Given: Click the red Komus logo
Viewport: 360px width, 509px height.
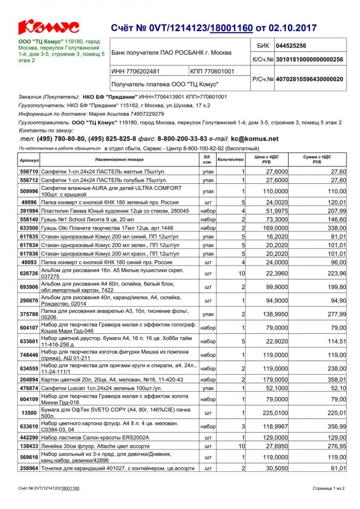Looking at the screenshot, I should tap(49, 27).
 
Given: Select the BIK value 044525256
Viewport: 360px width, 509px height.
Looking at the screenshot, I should tap(291, 46).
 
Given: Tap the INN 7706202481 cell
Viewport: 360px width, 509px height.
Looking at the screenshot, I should tap(136, 71).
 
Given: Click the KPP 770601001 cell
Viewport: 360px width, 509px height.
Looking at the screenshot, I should tap(213, 71).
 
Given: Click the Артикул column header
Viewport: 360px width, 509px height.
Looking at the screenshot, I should tap(29, 160).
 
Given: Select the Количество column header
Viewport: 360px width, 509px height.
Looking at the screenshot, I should tap(231, 160).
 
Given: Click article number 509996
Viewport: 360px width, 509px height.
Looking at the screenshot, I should tap(29, 191).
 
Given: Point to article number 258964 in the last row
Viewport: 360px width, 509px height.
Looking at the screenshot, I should tap(29, 469).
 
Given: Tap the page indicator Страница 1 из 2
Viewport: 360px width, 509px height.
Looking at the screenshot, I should tap(328, 488).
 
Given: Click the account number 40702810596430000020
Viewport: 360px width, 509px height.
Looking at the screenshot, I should tap(309, 79).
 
